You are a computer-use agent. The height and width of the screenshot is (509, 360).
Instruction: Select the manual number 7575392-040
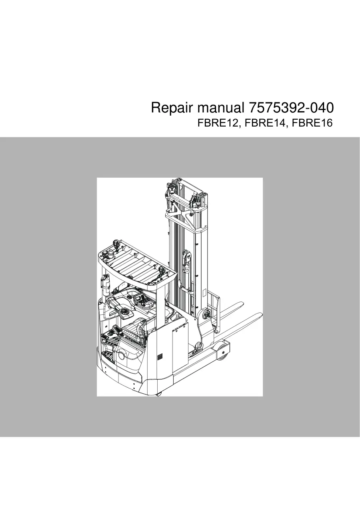[289, 108]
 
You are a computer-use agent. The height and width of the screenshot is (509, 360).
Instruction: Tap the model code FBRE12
[218, 123]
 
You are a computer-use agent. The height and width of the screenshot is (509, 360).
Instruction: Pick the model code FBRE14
[265, 123]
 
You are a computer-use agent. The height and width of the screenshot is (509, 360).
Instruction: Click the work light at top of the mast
[171, 188]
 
